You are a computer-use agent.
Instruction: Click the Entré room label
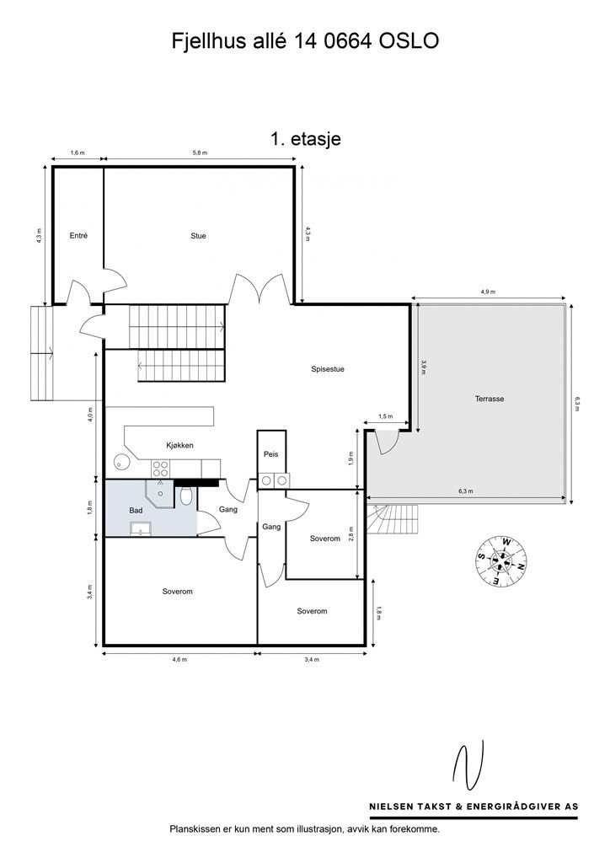pyautogui.click(x=78, y=236)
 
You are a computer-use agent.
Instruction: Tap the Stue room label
pyautogui.click(x=198, y=236)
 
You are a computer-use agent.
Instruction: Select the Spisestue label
pyautogui.click(x=328, y=369)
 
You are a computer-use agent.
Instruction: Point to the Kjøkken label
pyautogui.click(x=179, y=445)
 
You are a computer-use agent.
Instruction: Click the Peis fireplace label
pyautogui.click(x=271, y=454)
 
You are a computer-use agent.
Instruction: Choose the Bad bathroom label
pyautogui.click(x=136, y=510)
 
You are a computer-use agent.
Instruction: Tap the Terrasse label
pyautogui.click(x=490, y=399)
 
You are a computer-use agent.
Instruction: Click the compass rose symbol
pyautogui.click(x=501, y=560)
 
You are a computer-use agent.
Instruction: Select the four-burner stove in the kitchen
pyautogui.click(x=161, y=469)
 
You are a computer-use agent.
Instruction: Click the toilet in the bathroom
pyautogui.click(x=186, y=496)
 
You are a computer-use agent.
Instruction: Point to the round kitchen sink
pyautogui.click(x=121, y=461)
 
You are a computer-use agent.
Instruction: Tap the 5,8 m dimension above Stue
pyautogui.click(x=200, y=153)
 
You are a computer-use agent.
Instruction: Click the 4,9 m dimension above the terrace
pyautogui.click(x=488, y=292)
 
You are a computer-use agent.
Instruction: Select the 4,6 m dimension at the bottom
pyautogui.click(x=179, y=659)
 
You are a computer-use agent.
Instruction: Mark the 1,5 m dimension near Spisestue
pyautogui.click(x=386, y=416)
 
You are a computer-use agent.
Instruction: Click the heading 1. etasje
pyautogui.click(x=305, y=139)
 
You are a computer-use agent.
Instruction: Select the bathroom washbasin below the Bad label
pyautogui.click(x=142, y=529)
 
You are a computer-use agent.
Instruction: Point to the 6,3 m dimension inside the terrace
pyautogui.click(x=465, y=491)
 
